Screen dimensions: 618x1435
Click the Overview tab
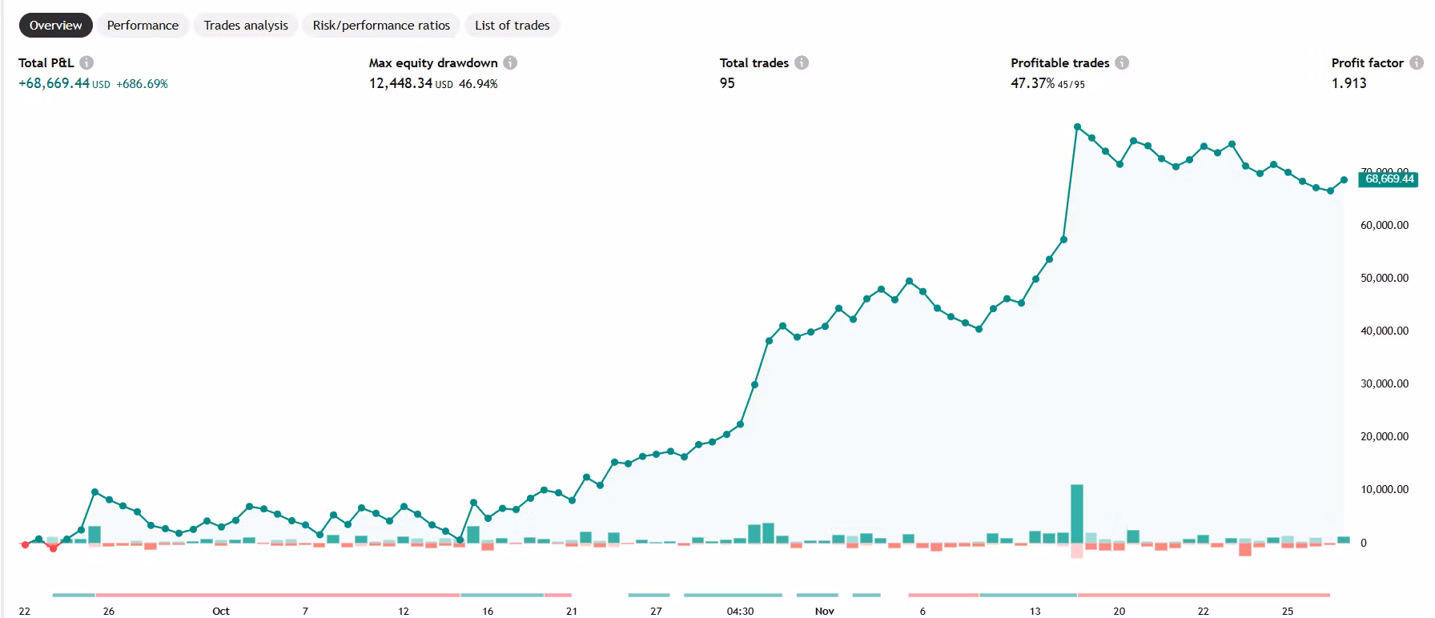point(55,26)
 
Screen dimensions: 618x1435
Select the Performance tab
point(143,26)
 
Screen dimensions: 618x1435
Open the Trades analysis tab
point(245,26)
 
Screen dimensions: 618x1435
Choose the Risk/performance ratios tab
point(381,26)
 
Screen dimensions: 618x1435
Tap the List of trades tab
point(512,26)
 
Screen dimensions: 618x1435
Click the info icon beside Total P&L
point(86,62)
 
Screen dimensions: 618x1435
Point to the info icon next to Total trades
point(802,62)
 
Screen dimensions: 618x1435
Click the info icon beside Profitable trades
point(1122,62)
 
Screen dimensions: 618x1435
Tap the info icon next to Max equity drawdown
point(510,62)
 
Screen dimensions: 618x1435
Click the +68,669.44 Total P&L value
point(54,83)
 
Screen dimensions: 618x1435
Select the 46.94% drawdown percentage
point(478,84)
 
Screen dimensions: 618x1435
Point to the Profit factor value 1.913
point(1349,83)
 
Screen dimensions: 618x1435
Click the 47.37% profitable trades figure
point(1032,83)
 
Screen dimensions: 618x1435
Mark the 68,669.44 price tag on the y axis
point(1389,179)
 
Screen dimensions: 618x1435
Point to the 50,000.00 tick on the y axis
point(1384,279)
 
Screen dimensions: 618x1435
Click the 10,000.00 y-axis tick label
point(1384,490)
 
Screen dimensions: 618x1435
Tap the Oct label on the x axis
point(221,612)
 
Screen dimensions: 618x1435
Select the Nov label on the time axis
point(825,612)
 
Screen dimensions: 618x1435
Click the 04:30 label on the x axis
point(740,612)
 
